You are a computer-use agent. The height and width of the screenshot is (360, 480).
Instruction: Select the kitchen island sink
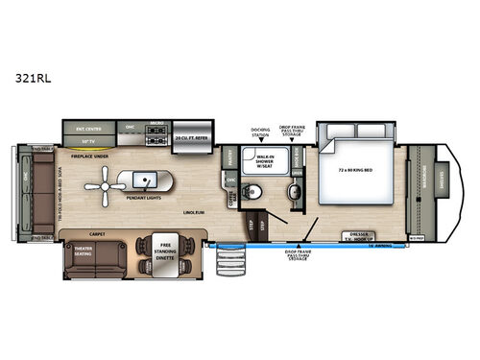(x=148, y=178)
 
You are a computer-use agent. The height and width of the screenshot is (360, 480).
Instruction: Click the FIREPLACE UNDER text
(x=85, y=154)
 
